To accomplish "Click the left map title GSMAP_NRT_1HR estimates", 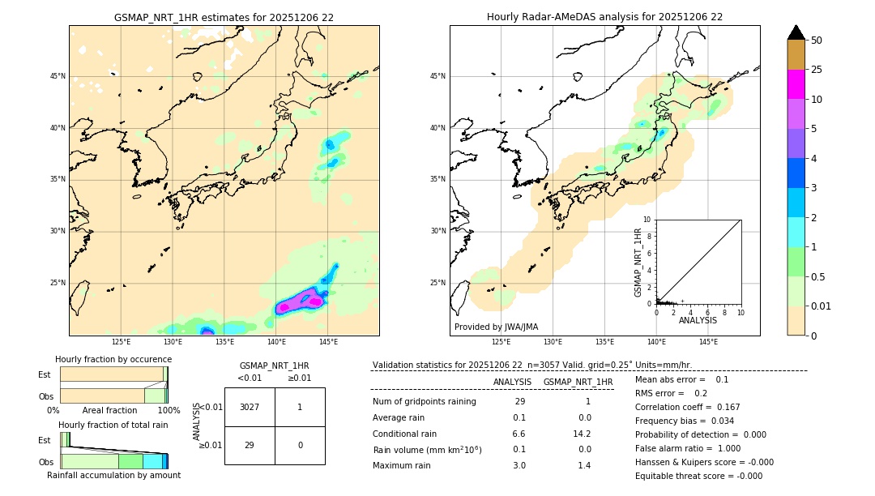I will tap(224, 17).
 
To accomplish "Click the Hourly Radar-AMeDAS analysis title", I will tap(604, 17).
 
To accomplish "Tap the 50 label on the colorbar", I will tap(817, 41).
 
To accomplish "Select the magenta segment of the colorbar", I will tap(796, 84).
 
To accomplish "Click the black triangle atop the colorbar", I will tap(796, 32).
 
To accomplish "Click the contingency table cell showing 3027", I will tap(250, 407).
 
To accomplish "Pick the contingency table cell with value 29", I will tap(250, 445).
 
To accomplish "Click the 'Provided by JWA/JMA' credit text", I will tap(496, 327).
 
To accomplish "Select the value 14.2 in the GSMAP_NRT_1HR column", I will tap(582, 434).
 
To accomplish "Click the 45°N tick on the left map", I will tap(58, 76).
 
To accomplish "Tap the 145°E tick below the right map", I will tap(708, 342).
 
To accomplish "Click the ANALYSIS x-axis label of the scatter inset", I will tap(698, 321).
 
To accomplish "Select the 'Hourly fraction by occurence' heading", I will tap(113, 359).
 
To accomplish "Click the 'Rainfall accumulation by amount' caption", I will tap(113, 475).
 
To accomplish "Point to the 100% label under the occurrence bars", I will tap(169, 411).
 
